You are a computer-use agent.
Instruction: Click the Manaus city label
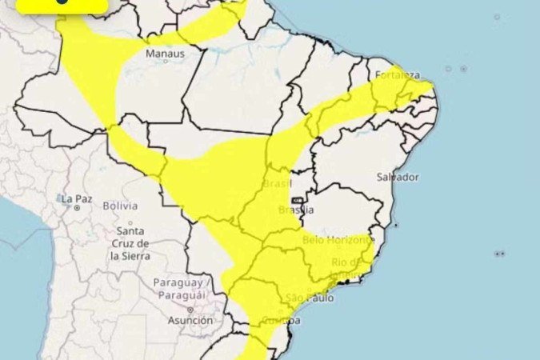point(165,54)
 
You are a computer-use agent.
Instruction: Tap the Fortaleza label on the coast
point(398,75)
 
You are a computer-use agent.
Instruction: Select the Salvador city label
point(398,176)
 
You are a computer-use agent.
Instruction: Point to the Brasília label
point(296,210)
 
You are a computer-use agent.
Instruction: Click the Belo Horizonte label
point(337,239)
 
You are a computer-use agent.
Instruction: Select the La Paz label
point(78,198)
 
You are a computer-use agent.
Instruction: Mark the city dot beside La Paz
point(78,207)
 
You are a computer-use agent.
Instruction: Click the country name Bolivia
point(119,206)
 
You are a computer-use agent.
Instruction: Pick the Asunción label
point(190,320)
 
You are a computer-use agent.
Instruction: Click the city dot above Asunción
point(190,309)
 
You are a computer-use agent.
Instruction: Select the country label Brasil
point(276,185)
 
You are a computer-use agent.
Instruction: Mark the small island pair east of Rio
point(500,254)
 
